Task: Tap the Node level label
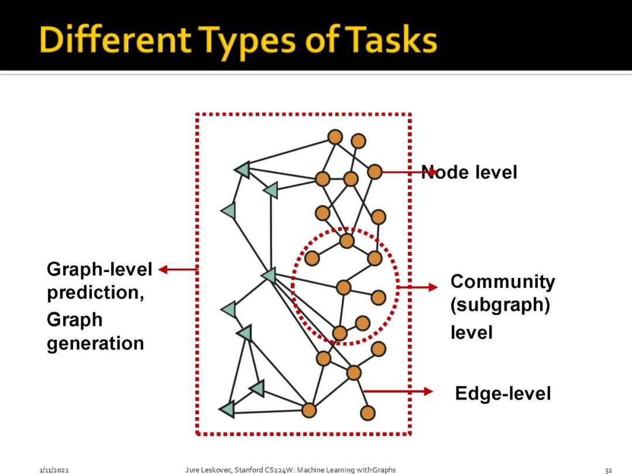pos(469,173)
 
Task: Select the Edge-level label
pos(503,394)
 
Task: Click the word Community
pos(503,282)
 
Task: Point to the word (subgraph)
pos(500,306)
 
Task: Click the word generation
pos(95,344)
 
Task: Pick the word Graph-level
pos(99,270)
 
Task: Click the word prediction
pos(95,293)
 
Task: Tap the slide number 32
pos(608,470)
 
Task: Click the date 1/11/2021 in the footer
pos(54,470)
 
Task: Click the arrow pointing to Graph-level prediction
pos(178,270)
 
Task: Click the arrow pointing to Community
pos(418,287)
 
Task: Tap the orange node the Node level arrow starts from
pos(375,172)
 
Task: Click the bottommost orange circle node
pos(367,413)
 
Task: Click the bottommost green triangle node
pos(227,409)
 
